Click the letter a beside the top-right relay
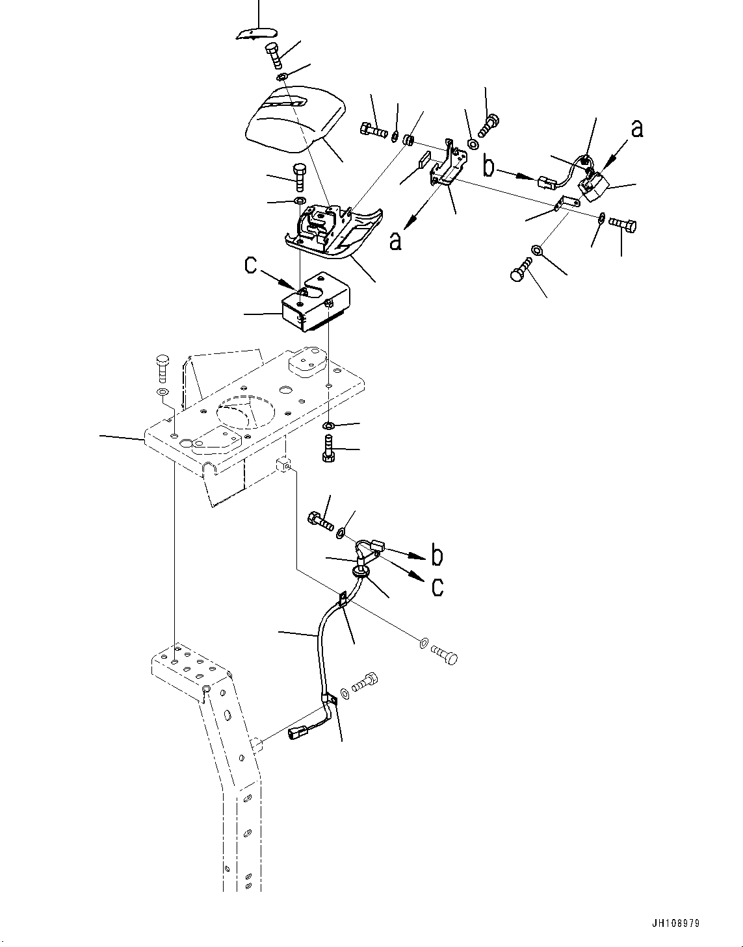click(x=636, y=129)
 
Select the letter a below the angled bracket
click(x=396, y=241)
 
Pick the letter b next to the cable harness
click(x=437, y=555)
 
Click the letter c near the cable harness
click(x=437, y=586)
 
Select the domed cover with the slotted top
click(x=294, y=120)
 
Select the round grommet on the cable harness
click(x=361, y=572)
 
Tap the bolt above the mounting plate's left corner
click(x=162, y=368)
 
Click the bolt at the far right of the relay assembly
click(x=623, y=225)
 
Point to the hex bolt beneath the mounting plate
click(x=328, y=448)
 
